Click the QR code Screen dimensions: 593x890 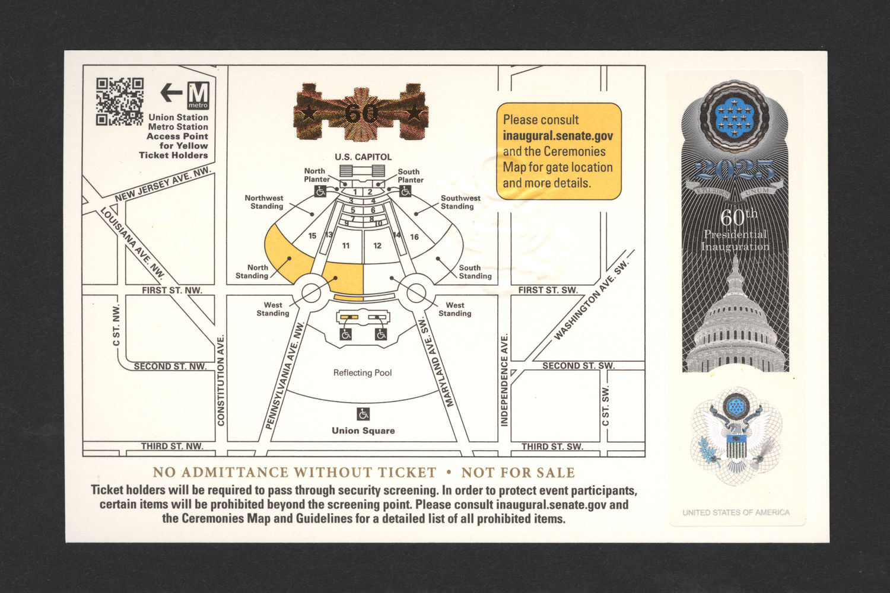(x=119, y=101)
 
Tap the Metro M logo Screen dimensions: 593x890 (x=198, y=95)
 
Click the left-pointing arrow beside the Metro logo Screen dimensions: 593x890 (x=171, y=92)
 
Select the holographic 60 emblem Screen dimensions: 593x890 (x=361, y=113)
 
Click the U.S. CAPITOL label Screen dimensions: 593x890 (x=363, y=157)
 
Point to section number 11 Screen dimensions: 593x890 (x=346, y=246)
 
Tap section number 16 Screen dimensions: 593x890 (x=414, y=237)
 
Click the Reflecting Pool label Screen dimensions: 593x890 (x=363, y=372)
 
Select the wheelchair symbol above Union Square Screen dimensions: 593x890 (x=363, y=414)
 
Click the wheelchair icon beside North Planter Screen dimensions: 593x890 (x=320, y=191)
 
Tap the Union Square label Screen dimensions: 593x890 (x=363, y=431)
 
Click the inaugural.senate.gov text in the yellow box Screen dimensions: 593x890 (x=558, y=136)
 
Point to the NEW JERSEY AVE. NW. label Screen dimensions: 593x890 (x=163, y=184)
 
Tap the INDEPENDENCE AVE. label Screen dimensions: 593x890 (x=504, y=380)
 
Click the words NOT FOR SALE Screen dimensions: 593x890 (x=518, y=473)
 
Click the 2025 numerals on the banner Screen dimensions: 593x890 (x=736, y=171)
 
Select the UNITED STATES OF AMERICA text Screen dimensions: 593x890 (x=736, y=512)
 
